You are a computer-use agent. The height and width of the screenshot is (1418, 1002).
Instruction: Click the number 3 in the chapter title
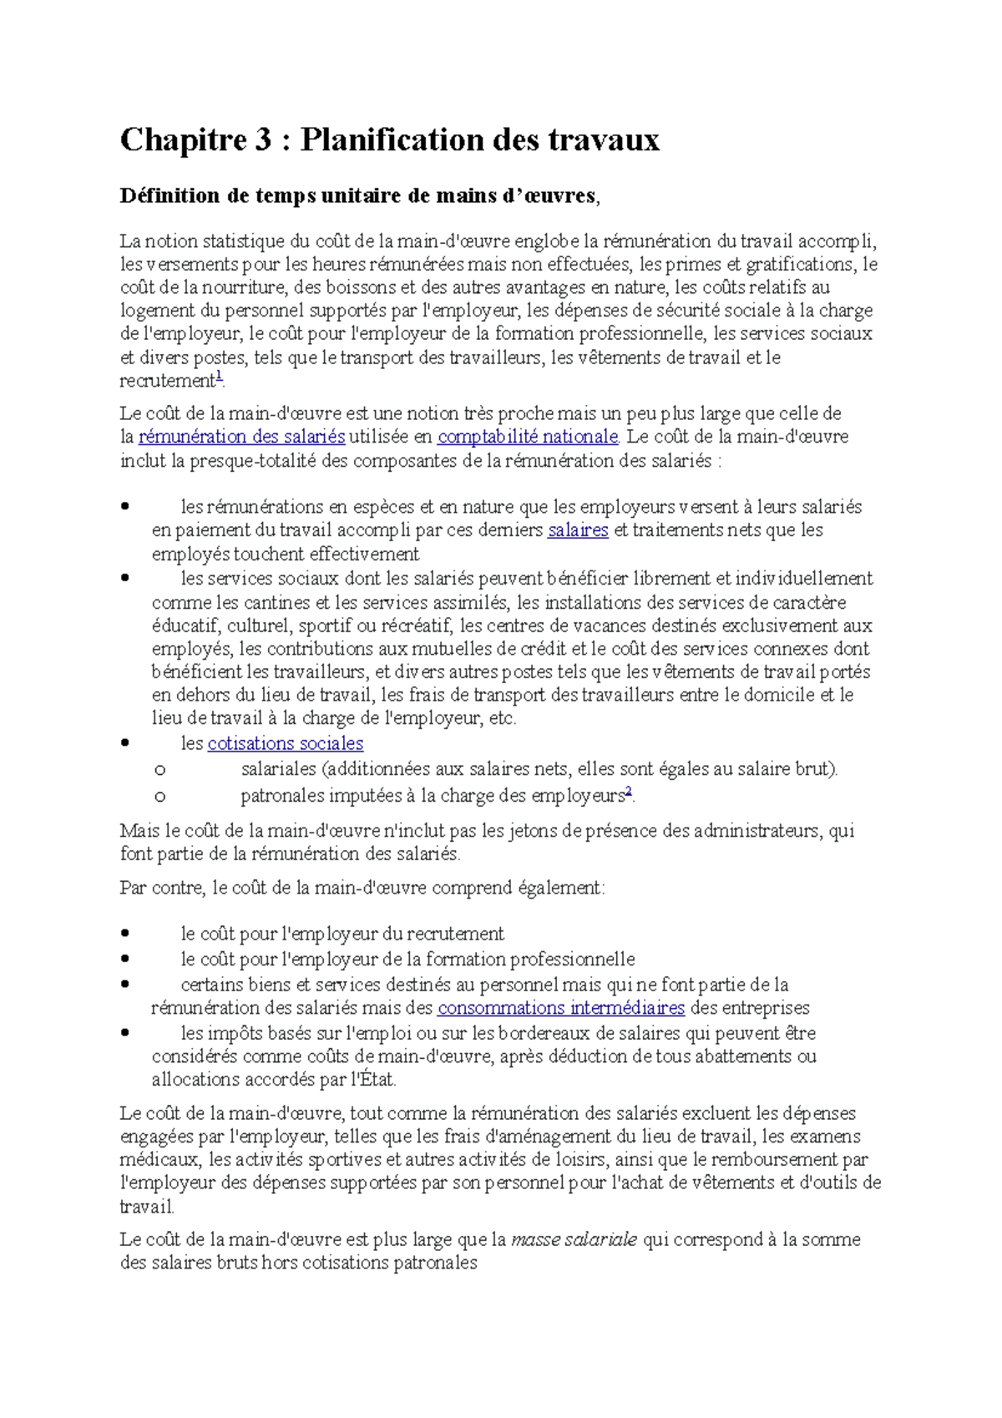[263, 140]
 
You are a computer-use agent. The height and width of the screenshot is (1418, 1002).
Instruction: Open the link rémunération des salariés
[241, 437]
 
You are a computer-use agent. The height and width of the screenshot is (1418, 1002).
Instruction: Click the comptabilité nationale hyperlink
[528, 437]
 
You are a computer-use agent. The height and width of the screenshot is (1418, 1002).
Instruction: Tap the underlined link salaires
[578, 530]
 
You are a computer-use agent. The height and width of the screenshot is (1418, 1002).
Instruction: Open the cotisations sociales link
[285, 744]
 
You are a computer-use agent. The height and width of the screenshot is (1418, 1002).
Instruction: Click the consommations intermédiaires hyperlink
[560, 1008]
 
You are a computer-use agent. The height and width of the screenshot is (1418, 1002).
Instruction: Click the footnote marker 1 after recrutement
[220, 377]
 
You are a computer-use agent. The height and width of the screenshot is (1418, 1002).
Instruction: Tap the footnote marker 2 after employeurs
[629, 792]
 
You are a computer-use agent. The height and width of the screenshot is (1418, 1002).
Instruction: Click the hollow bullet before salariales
[159, 771]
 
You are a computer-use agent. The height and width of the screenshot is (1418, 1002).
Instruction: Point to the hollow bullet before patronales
[159, 798]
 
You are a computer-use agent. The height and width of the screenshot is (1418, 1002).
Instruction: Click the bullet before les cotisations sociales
[125, 742]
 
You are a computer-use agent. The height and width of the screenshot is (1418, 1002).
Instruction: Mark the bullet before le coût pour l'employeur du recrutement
[125, 934]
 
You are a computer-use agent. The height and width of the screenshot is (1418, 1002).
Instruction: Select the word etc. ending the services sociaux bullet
[502, 718]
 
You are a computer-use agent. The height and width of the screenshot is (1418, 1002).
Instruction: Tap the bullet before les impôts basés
[125, 1032]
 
